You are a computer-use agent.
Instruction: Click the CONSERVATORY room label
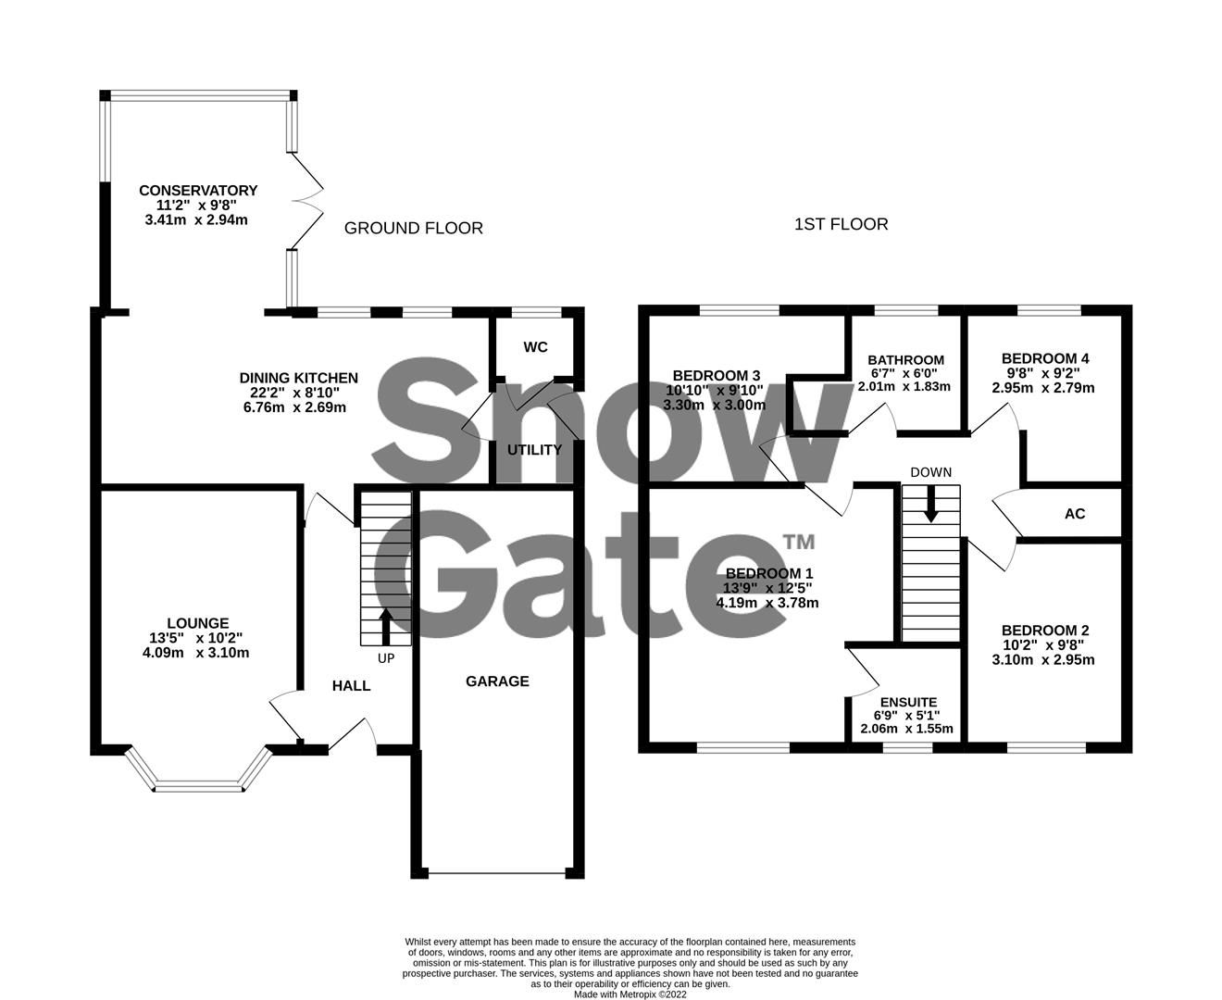[x=198, y=190]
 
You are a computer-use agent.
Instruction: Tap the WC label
[x=535, y=346]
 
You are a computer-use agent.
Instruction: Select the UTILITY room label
[x=534, y=450]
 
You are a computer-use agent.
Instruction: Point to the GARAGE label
[x=497, y=681]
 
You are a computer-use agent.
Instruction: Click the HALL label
[x=351, y=686]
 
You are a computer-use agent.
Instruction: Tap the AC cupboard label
[x=1075, y=514]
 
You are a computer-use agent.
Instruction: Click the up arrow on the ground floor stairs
[x=385, y=627]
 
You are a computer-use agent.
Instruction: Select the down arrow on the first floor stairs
[x=930, y=503]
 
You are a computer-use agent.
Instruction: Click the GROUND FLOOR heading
[x=413, y=229]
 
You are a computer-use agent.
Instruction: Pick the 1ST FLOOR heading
[x=841, y=224]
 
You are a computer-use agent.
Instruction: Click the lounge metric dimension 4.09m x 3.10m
[x=196, y=653]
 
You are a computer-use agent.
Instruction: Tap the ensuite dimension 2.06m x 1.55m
[x=906, y=729]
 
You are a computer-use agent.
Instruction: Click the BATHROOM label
[x=905, y=360]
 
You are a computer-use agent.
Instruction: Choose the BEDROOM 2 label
[x=1044, y=631]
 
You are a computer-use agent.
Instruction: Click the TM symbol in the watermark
[x=799, y=542]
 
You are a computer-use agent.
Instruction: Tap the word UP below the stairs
[x=386, y=658]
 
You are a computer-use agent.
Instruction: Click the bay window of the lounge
[x=198, y=786]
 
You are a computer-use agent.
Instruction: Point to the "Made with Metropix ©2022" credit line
[x=630, y=994]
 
